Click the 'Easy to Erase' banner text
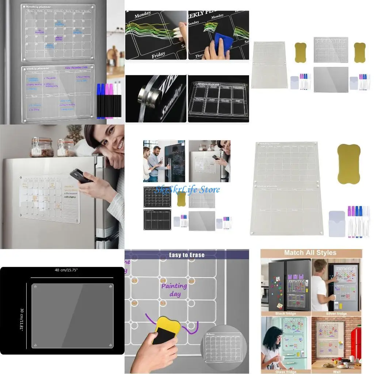point(187,255)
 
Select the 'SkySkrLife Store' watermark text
point(187,189)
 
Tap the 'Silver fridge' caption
point(336,313)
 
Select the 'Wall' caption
point(336,371)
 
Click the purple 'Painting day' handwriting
point(174,289)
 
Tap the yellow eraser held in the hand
point(167,329)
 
